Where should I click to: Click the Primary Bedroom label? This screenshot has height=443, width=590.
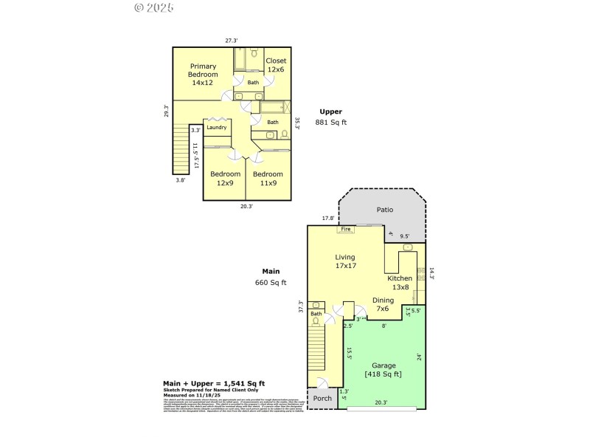[203, 75]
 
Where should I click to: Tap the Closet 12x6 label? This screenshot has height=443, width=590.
[275, 65]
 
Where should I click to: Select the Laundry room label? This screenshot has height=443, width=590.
[216, 128]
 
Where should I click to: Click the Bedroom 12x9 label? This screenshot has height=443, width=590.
[225, 179]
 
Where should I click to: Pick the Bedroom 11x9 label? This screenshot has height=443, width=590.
[268, 179]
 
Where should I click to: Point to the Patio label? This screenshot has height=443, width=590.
[385, 210]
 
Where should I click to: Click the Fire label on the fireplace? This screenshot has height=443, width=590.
[345, 230]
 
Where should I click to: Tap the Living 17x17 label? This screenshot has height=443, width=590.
[346, 261]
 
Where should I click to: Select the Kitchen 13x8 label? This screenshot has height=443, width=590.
[400, 282]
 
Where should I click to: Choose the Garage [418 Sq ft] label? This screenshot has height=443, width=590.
[383, 369]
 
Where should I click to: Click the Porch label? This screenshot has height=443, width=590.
[322, 399]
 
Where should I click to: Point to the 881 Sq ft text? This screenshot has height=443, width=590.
[330, 123]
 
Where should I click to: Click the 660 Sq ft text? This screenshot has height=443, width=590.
[271, 282]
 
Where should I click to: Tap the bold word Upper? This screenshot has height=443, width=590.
[330, 111]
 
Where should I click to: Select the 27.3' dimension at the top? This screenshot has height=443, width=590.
[232, 40]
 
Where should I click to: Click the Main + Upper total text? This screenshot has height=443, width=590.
[214, 383]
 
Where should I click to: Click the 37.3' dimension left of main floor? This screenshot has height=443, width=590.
[300, 307]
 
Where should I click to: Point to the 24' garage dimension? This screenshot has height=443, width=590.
[419, 358]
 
